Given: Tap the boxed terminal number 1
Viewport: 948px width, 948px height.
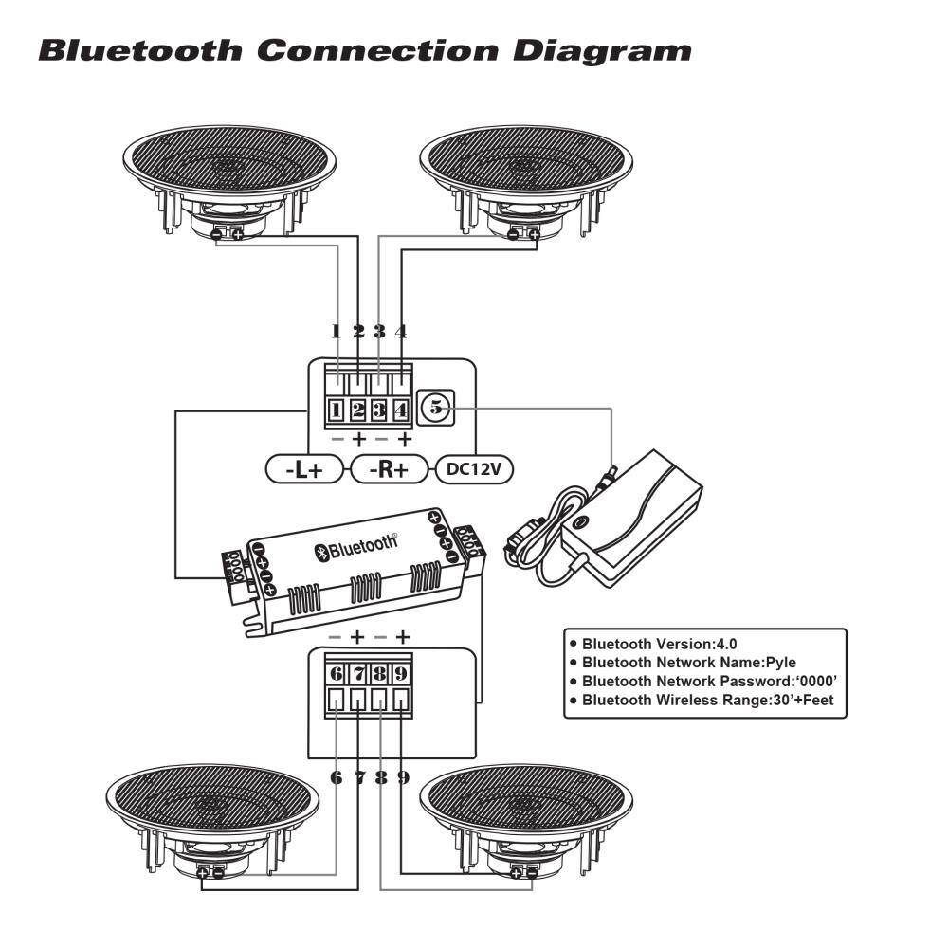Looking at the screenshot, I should coord(336,410).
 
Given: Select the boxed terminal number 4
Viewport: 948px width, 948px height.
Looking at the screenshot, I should coord(401,410).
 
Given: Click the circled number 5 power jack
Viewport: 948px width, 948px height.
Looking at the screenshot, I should coord(437,408).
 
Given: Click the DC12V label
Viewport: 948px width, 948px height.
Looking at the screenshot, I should coord(474,469).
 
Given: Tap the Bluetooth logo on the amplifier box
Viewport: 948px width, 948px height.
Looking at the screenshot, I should coord(357,547).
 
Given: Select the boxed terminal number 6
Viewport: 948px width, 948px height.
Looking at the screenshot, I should coord(337,674).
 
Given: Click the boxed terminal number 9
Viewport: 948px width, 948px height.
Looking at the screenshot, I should coord(402,674).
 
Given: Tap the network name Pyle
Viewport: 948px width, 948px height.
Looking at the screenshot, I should coord(780,663).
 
